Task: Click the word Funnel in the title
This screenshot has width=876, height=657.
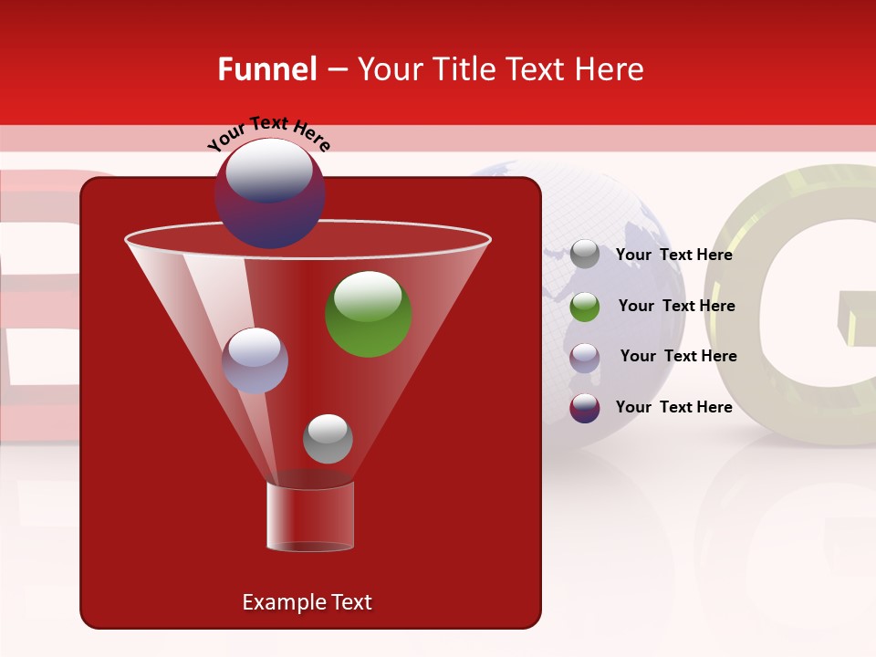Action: pos(266,69)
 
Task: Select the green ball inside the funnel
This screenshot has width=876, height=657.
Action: pos(369,315)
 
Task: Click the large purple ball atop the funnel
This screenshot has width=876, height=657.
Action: pos(269,193)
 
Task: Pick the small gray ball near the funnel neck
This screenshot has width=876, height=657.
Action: pos(328,439)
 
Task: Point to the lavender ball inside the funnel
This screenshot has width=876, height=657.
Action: pos(255,360)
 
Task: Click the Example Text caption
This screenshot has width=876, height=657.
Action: pos(307,602)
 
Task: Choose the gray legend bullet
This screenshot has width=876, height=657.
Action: pos(585,254)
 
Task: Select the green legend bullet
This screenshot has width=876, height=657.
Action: pos(585,307)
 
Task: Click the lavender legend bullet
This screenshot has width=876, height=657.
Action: pos(585,357)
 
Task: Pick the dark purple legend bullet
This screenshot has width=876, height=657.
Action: pos(585,408)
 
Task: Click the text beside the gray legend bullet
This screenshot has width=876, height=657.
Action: pos(673,255)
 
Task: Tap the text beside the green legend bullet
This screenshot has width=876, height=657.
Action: pos(676,307)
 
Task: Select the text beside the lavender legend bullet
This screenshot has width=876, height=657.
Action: pos(678,357)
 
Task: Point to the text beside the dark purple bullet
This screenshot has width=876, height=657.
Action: pos(673,407)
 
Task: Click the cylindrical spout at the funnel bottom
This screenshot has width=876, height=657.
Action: pos(310,516)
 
